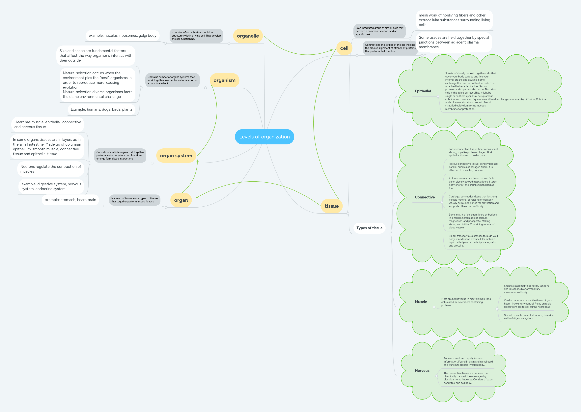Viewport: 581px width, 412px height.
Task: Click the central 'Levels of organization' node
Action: click(264, 137)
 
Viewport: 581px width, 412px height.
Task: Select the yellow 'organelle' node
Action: click(248, 36)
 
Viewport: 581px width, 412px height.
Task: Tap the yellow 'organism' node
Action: click(224, 80)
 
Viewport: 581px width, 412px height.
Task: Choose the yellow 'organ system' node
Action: click(176, 156)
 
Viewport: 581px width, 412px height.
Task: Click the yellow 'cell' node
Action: click(344, 48)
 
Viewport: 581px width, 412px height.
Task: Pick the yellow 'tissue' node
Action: click(331, 206)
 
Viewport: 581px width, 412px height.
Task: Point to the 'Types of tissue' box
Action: click(369, 228)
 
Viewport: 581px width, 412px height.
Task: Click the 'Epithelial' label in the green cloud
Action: click(423, 91)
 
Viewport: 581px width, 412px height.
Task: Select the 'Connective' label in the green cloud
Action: click(425, 197)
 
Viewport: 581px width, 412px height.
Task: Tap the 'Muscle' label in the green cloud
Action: click(421, 302)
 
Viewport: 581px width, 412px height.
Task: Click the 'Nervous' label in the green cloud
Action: click(422, 371)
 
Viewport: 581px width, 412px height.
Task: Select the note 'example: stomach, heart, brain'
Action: click(70, 200)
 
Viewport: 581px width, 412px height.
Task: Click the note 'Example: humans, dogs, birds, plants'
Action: click(101, 109)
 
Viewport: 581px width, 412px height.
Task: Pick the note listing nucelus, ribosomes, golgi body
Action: click(122, 36)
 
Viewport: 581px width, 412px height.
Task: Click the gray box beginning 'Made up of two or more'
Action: click(134, 200)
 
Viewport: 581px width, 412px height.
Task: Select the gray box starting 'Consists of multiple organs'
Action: click(120, 156)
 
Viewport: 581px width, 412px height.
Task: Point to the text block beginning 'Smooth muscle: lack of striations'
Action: click(528, 317)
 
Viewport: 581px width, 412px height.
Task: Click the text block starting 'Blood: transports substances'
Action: click(473, 241)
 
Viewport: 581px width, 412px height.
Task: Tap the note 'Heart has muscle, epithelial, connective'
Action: click(48, 124)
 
